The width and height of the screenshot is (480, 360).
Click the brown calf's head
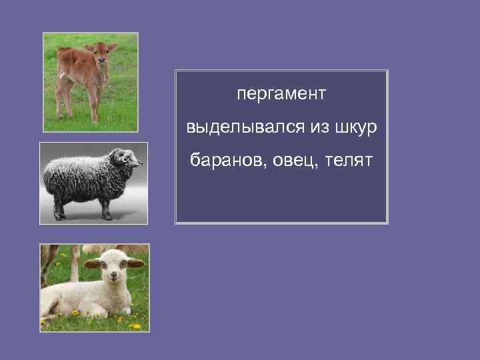[101, 53]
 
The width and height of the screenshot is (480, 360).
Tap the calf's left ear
[113, 47]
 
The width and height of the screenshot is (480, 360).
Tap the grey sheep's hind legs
[59, 209]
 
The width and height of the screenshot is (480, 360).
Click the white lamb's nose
[112, 279]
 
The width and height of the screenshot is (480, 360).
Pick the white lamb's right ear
[92, 264]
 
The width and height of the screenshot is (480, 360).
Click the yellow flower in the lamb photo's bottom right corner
[136, 326]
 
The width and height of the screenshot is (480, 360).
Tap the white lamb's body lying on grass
[73, 297]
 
